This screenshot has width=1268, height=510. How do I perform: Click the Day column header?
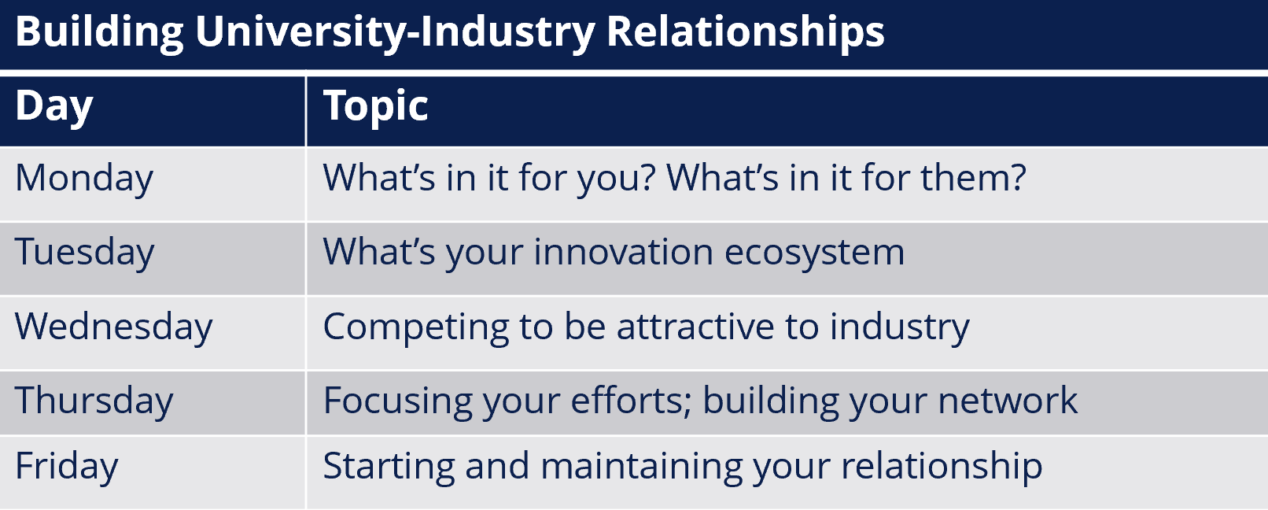tap(53, 107)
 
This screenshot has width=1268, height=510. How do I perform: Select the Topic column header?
tap(375, 106)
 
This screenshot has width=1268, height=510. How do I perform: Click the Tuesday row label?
tap(84, 253)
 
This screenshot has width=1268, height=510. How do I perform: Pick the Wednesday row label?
tap(114, 327)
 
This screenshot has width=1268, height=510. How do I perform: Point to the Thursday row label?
tap(94, 401)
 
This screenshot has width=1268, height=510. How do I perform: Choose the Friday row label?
tap(67, 467)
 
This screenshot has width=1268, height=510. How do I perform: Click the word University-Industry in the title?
tap(395, 31)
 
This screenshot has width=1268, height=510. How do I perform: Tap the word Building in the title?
tap(99, 33)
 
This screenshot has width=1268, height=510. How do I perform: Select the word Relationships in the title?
tap(745, 33)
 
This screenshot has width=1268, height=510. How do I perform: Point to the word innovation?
tap(623, 252)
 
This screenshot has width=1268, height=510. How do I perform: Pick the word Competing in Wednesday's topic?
tap(415, 327)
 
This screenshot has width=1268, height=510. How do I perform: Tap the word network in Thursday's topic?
tap(1008, 400)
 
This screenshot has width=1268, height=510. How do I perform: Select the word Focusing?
tap(398, 401)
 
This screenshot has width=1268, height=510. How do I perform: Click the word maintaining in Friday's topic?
tap(641, 467)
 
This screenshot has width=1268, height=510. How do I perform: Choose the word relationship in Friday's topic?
tap(942, 467)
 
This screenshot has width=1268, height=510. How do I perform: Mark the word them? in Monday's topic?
tap(973, 178)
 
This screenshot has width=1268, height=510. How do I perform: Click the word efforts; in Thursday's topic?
tap(631, 401)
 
